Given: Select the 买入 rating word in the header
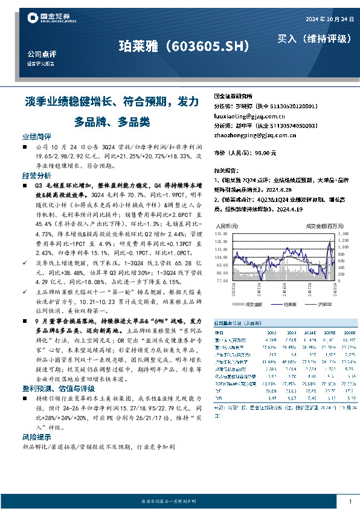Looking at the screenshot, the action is click(288, 39).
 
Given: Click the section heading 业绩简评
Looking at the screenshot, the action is click(37, 137).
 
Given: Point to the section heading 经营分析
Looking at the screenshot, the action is click(37, 175).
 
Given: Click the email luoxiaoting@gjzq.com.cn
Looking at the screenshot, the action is click(249, 114).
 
